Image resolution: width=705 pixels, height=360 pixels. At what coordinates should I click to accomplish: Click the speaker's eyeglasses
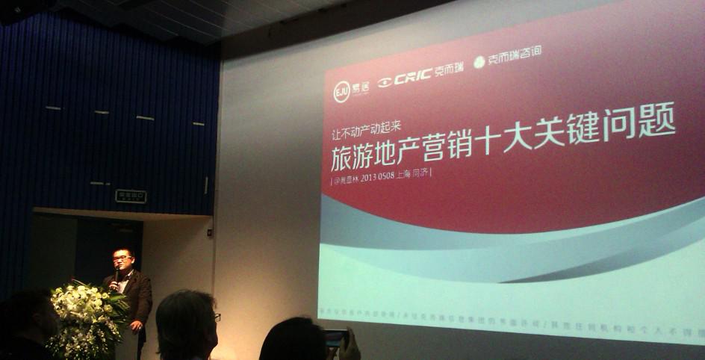tap(122, 258)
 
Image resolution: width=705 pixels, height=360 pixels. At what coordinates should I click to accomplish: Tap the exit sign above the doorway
tap(131, 196)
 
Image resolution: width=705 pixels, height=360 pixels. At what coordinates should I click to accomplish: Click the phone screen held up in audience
tap(335, 338)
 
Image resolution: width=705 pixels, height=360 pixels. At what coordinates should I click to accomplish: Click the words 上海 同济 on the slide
tap(417, 172)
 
